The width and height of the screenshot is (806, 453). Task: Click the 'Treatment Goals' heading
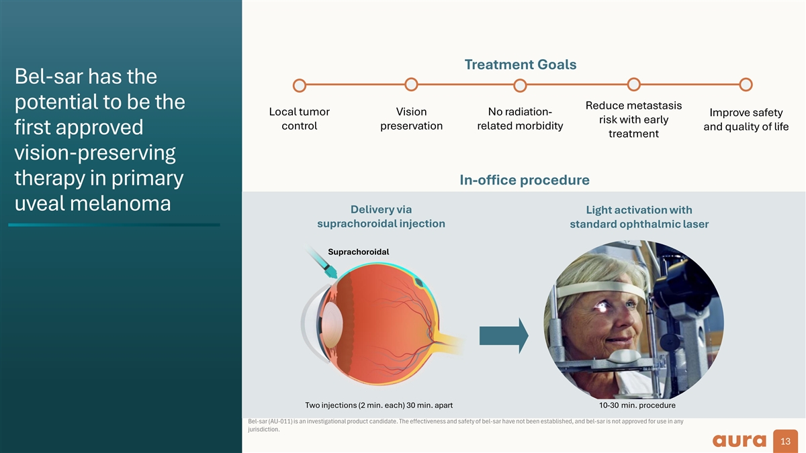(x=520, y=64)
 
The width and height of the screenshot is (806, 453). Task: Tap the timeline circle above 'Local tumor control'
(x=300, y=86)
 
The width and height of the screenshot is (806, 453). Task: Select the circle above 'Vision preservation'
(x=412, y=85)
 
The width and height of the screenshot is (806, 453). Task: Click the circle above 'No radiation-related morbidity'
(x=519, y=86)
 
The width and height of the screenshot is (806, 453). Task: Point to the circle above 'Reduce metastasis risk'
(x=633, y=84)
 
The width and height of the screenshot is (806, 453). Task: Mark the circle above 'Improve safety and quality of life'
(x=745, y=85)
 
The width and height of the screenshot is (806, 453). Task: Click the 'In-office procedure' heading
(x=524, y=180)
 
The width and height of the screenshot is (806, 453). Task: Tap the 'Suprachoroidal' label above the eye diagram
(x=359, y=252)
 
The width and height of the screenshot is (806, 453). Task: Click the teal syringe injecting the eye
(x=322, y=265)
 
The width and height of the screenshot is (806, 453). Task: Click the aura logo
(x=739, y=440)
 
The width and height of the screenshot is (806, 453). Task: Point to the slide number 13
(x=786, y=441)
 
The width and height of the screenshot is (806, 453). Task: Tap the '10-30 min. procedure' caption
(x=637, y=405)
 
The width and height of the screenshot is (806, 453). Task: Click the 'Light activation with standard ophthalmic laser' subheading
(x=639, y=217)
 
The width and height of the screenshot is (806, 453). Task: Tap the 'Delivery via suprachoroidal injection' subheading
(x=381, y=216)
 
